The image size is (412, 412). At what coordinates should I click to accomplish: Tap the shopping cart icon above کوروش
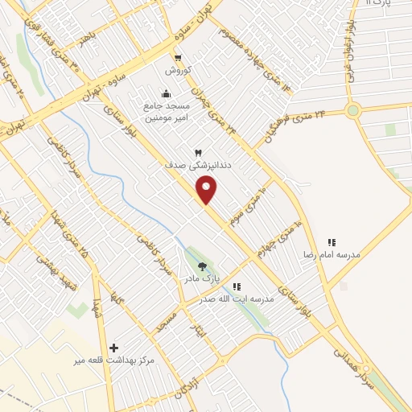[x=177, y=57]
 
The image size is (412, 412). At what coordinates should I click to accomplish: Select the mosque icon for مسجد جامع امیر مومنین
[x=167, y=92]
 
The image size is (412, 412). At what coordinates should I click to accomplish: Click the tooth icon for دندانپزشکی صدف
[x=197, y=152]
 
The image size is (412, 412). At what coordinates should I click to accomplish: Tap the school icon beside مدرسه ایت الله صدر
[x=237, y=286]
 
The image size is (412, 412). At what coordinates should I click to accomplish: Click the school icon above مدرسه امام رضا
[x=331, y=242]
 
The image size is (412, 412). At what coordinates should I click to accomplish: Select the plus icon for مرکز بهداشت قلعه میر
[x=113, y=348]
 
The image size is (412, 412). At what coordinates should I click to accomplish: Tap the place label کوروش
[x=177, y=71]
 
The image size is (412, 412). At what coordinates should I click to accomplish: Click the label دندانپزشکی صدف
[x=187, y=165]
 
